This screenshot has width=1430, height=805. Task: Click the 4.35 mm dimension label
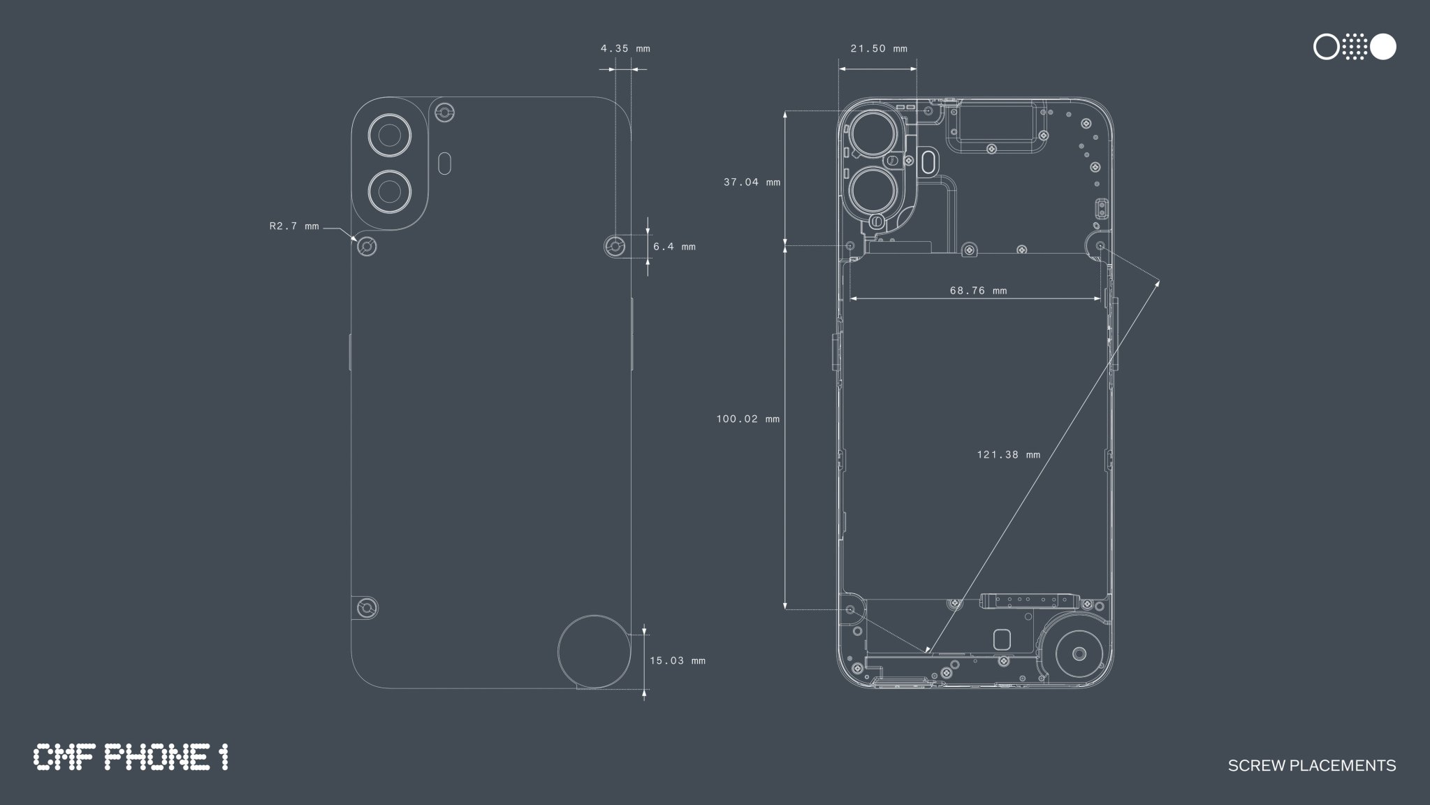pyautogui.click(x=625, y=49)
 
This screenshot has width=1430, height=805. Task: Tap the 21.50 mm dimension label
pyautogui.click(x=879, y=49)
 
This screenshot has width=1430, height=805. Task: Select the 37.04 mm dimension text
pyautogui.click(x=752, y=182)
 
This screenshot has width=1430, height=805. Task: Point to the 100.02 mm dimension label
pyautogui.click(x=747, y=419)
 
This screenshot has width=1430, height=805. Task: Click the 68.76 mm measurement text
pyautogui.click(x=978, y=291)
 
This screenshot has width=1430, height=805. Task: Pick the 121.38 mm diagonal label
pyautogui.click(x=1008, y=455)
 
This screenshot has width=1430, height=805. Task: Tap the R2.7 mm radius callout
pyautogui.click(x=294, y=226)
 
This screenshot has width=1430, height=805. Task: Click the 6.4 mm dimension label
pyautogui.click(x=674, y=247)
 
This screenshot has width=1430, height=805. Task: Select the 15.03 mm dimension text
pyautogui.click(x=678, y=660)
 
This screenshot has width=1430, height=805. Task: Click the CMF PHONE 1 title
pyautogui.click(x=131, y=757)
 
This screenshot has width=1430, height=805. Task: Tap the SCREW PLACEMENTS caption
pyautogui.click(x=1312, y=766)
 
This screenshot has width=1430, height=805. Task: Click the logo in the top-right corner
pyautogui.click(x=1355, y=47)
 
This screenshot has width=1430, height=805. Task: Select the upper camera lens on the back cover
pyautogui.click(x=388, y=134)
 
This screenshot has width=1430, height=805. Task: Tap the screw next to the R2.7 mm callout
pyautogui.click(x=367, y=247)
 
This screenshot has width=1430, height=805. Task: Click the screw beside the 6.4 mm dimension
pyautogui.click(x=615, y=246)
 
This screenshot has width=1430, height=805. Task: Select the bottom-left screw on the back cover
pyautogui.click(x=367, y=608)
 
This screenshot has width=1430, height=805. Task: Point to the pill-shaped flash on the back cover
pyautogui.click(x=444, y=164)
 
